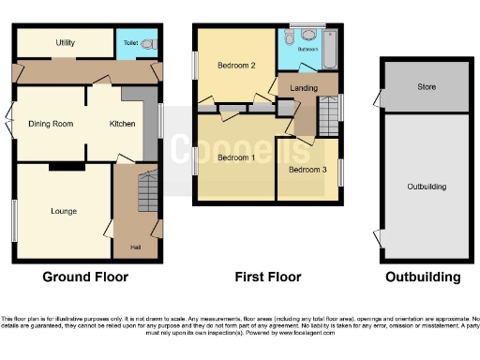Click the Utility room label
click(x=65, y=43)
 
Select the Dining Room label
click(x=50, y=124)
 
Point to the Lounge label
click(x=64, y=211)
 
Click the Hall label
click(x=134, y=248)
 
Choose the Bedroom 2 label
click(x=236, y=66)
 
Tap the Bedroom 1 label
click(x=235, y=157)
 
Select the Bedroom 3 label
click(x=307, y=170)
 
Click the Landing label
click(x=303, y=89)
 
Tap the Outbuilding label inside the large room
click(x=427, y=187)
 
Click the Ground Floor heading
click(x=85, y=277)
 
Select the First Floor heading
click(x=268, y=277)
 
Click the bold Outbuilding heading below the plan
click(x=423, y=277)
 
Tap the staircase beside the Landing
click(x=327, y=118)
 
